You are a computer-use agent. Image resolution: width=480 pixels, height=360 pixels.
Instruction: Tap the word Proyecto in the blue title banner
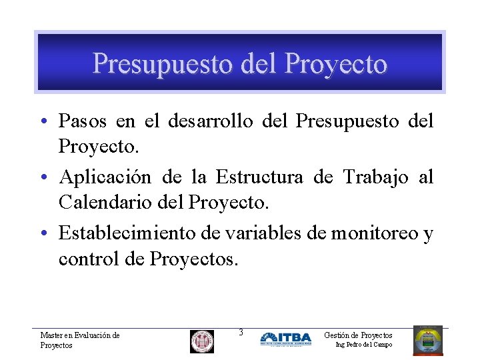(x=335, y=64)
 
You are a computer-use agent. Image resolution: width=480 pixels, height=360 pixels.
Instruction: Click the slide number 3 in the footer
(x=241, y=332)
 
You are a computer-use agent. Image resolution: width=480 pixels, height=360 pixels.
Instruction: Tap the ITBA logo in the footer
(x=285, y=339)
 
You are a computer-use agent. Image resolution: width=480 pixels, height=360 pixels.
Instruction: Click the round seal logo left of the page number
(x=202, y=341)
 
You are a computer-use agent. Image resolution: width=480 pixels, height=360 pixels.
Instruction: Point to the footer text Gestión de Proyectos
(x=358, y=335)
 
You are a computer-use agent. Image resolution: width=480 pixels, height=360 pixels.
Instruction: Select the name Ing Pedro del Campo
(x=364, y=345)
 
